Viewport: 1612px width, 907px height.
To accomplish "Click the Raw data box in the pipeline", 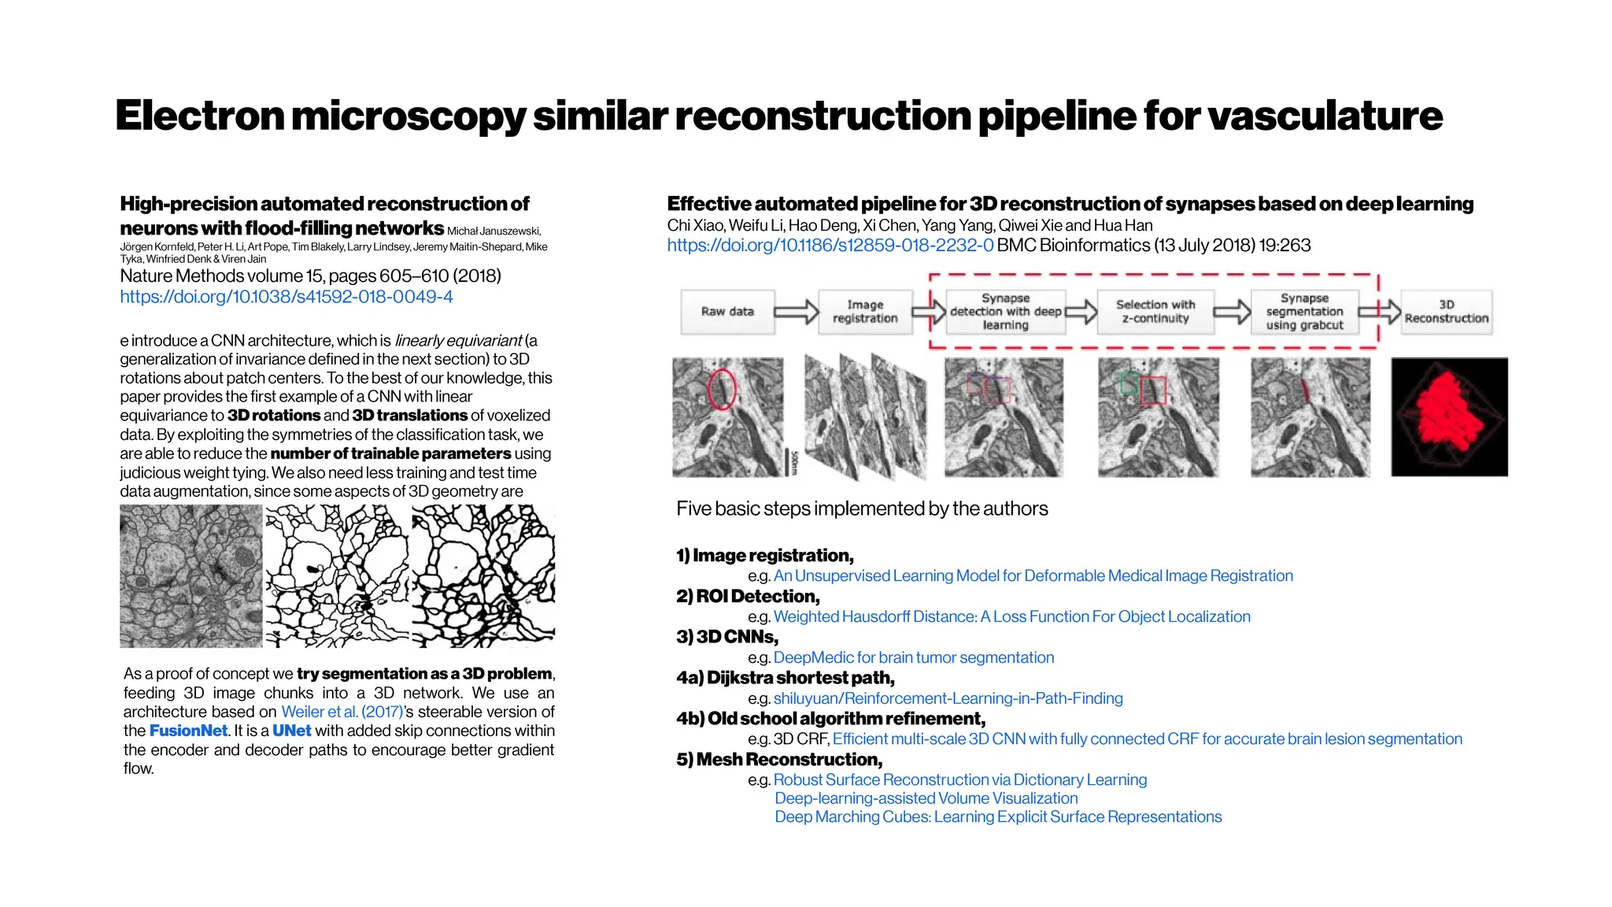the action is pyautogui.click(x=727, y=312).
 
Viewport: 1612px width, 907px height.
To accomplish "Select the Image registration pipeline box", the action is pyautogui.click(x=864, y=312).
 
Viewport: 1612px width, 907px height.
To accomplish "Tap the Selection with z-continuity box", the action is pyautogui.click(x=1155, y=312).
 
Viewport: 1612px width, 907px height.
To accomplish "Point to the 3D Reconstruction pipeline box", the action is pyautogui.click(x=1446, y=312).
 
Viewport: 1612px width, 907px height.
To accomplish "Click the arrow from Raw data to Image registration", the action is pyautogui.click(x=796, y=312).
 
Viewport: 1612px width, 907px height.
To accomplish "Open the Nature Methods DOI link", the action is pyautogui.click(x=287, y=297).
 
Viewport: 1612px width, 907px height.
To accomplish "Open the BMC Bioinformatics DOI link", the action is pyautogui.click(x=830, y=246).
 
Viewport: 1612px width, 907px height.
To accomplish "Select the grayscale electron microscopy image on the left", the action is pyautogui.click(x=190, y=576).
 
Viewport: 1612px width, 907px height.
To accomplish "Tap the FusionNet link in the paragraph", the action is pyautogui.click(x=188, y=731).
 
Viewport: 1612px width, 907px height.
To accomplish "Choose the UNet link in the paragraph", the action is pyautogui.click(x=291, y=731).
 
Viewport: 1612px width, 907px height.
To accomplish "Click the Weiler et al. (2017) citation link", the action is pyautogui.click(x=342, y=712).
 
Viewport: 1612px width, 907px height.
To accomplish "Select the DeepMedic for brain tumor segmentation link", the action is pyautogui.click(x=913, y=657).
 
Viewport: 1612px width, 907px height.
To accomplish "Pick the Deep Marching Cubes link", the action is pyautogui.click(x=997, y=817).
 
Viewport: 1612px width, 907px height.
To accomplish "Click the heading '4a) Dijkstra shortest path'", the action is pyautogui.click(x=785, y=678).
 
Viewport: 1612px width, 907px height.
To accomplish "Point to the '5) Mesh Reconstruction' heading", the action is pyautogui.click(x=779, y=760).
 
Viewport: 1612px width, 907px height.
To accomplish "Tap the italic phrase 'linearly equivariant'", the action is pyautogui.click(x=458, y=341).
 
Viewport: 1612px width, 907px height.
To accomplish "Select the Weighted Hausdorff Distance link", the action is pyautogui.click(x=1011, y=616).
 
